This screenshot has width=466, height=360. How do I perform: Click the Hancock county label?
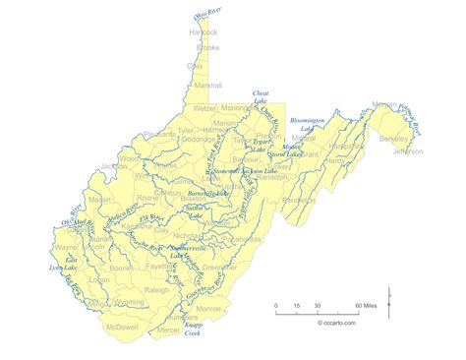pos(203,32)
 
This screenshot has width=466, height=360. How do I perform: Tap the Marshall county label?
pos(209,85)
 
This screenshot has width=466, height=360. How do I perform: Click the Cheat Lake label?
pos(262,97)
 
